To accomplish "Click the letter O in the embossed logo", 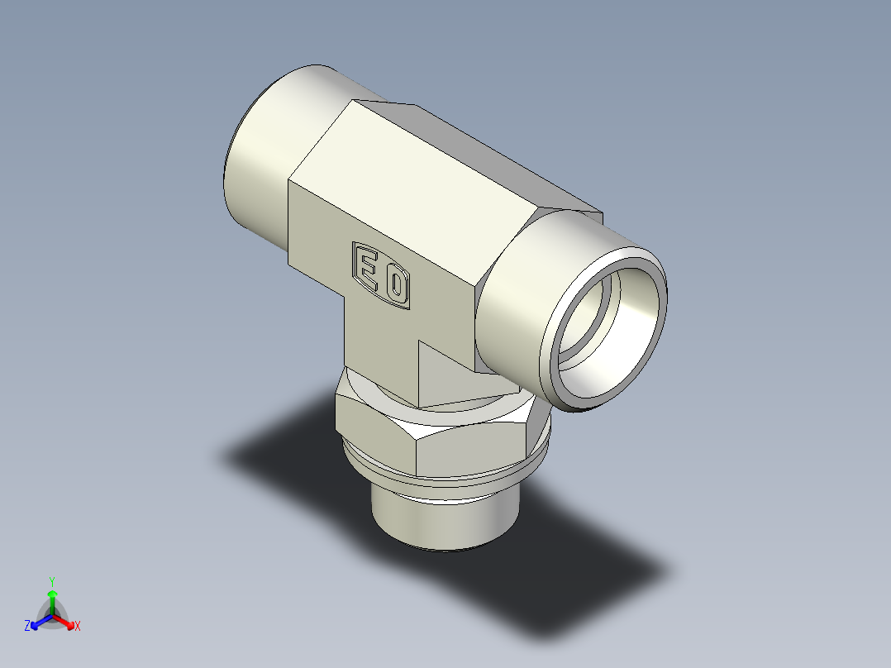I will [396, 287].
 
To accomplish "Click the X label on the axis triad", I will [77, 627].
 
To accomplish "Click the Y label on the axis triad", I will [51, 580].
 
